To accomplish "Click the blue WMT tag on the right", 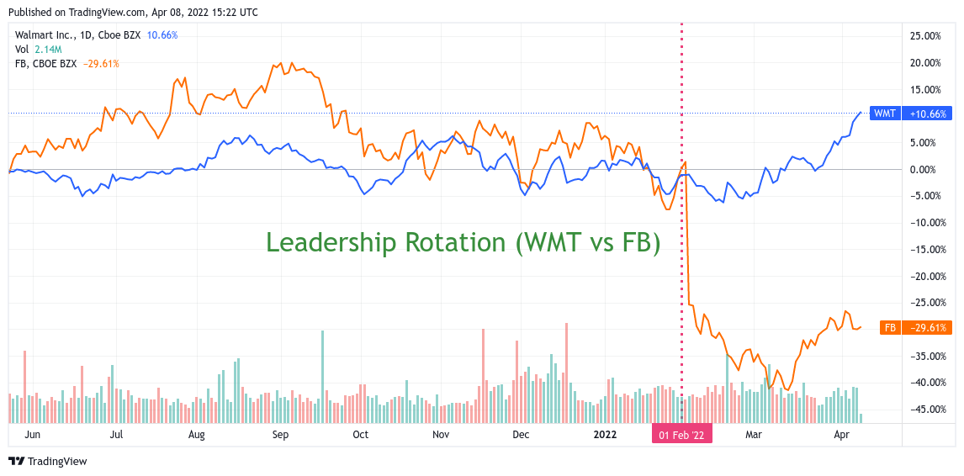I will [884, 114].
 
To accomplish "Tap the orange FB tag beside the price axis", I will [890, 328].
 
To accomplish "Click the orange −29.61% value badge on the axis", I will [928, 328].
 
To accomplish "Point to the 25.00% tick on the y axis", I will [925, 36].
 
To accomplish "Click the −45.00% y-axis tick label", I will [925, 410].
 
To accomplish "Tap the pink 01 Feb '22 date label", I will [681, 435].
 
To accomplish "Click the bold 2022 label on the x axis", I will [605, 435].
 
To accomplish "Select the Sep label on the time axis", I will [280, 435].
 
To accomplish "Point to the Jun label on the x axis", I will [34, 435].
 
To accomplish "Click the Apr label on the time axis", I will [841, 435].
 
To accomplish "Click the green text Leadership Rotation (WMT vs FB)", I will [463, 242].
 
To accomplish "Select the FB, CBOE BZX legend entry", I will [46, 63].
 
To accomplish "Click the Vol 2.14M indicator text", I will [38, 50].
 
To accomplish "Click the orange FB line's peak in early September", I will [282, 62].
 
